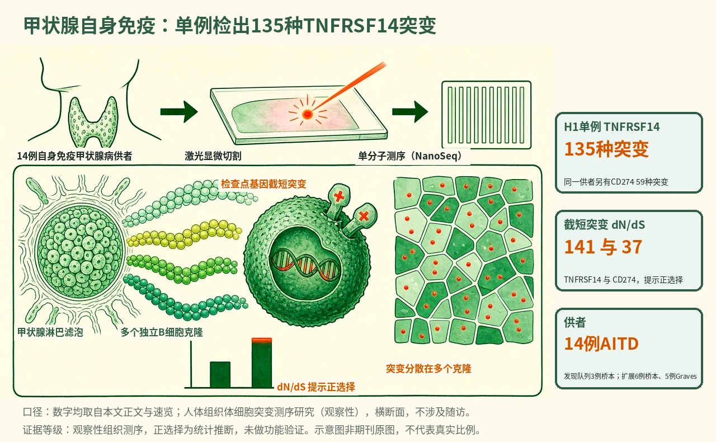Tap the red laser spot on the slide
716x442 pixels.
tap(307, 114)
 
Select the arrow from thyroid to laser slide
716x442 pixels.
tap(179, 112)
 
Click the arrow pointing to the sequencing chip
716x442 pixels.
tap(410, 112)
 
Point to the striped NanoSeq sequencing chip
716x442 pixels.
tap(486, 115)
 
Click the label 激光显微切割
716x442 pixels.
tap(213, 156)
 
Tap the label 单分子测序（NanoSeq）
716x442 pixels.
tap(410, 156)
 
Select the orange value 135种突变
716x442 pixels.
tap(606, 149)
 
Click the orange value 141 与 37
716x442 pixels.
tap(603, 247)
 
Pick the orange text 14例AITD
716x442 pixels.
tap(601, 344)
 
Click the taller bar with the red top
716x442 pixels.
tap(262, 363)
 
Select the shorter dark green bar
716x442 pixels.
tap(220, 374)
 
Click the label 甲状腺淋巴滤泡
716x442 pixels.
tap(50, 332)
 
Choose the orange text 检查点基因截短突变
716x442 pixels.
tap(263, 184)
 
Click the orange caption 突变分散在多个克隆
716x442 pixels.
tap(428, 369)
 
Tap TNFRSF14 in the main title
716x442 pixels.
tap(350, 26)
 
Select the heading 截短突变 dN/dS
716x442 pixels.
tap(605, 225)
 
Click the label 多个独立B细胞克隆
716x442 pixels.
tap(162, 332)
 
